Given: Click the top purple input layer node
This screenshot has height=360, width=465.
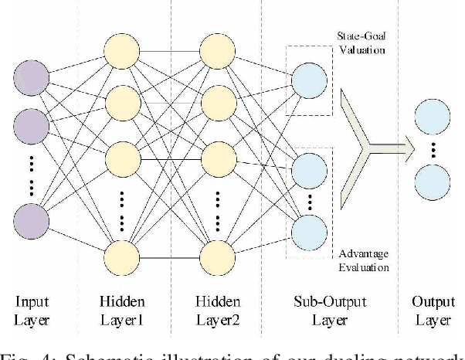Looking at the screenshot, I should point(30,77).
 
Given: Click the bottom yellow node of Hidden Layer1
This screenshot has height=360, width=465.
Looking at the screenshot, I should point(123,256).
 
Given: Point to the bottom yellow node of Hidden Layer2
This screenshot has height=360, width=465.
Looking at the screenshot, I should point(217,256).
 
